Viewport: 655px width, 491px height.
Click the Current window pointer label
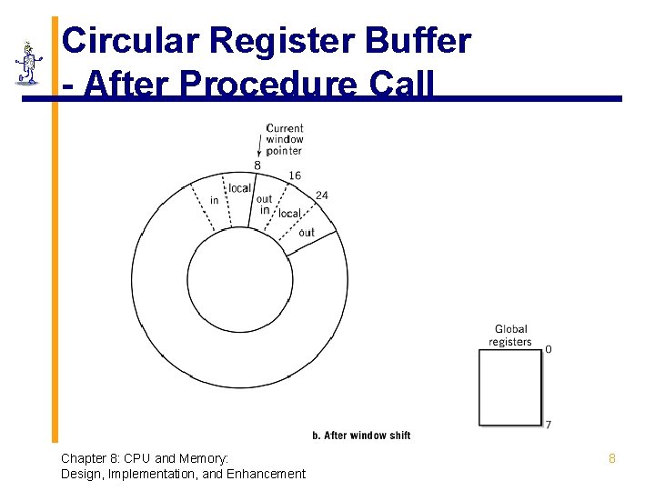click(x=285, y=139)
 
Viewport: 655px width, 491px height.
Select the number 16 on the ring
click(x=295, y=175)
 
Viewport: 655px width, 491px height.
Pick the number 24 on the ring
click(x=322, y=195)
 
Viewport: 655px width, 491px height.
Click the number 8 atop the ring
click(x=257, y=165)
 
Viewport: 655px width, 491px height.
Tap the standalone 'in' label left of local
click(x=215, y=200)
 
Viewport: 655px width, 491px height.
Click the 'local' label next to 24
click(x=289, y=214)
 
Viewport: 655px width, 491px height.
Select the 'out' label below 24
click(x=307, y=232)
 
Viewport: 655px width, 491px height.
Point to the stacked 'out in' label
click(x=264, y=205)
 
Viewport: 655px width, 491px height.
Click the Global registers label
click(x=510, y=336)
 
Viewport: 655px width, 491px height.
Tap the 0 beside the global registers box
click(x=548, y=349)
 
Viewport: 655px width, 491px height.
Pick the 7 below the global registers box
click(x=548, y=425)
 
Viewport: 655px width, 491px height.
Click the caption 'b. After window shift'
click(x=361, y=436)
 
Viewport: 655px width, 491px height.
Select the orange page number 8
click(x=612, y=459)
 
